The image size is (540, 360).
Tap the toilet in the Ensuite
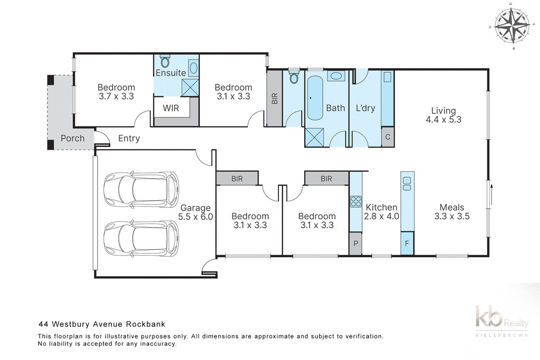pos(165,61)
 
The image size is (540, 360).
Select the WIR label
pos(171,108)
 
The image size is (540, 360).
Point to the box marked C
pos(388,137)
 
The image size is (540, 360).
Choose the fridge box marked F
pos(407,244)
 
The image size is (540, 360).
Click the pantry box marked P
pos(356,244)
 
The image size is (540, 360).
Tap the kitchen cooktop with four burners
pos(356,201)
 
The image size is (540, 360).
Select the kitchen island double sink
pos(407,183)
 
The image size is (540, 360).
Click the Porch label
pos(73,138)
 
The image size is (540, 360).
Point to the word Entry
pos(129,138)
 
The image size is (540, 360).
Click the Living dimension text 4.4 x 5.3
pos(443,120)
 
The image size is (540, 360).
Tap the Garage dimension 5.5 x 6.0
pos(195,217)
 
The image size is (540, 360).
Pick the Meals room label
pos(452,207)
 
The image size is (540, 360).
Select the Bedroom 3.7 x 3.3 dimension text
pos(116,96)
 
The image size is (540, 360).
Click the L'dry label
pos(365,108)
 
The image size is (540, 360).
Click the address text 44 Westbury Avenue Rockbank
pos(102,324)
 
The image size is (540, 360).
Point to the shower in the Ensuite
pos(190,87)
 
